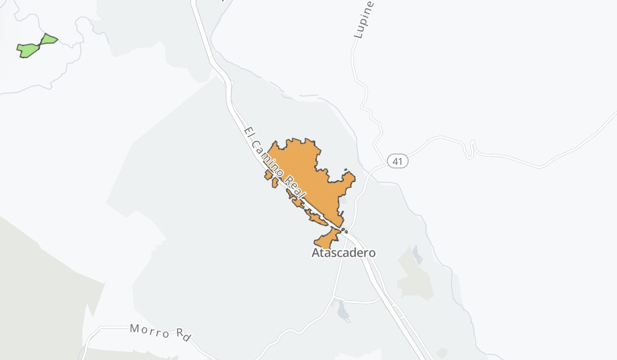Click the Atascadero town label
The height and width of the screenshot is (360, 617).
pos(343,253)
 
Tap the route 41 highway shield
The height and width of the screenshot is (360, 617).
pos(398,161)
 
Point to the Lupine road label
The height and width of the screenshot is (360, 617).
pos(364,20)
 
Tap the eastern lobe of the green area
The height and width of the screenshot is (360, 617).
pos(49,39)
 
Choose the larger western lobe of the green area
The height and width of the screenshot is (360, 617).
pos(28,50)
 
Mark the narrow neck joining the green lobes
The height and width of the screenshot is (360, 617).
pos(40,44)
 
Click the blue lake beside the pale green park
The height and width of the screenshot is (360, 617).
pos(417,255)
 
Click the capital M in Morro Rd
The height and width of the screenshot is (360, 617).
pos(135,329)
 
